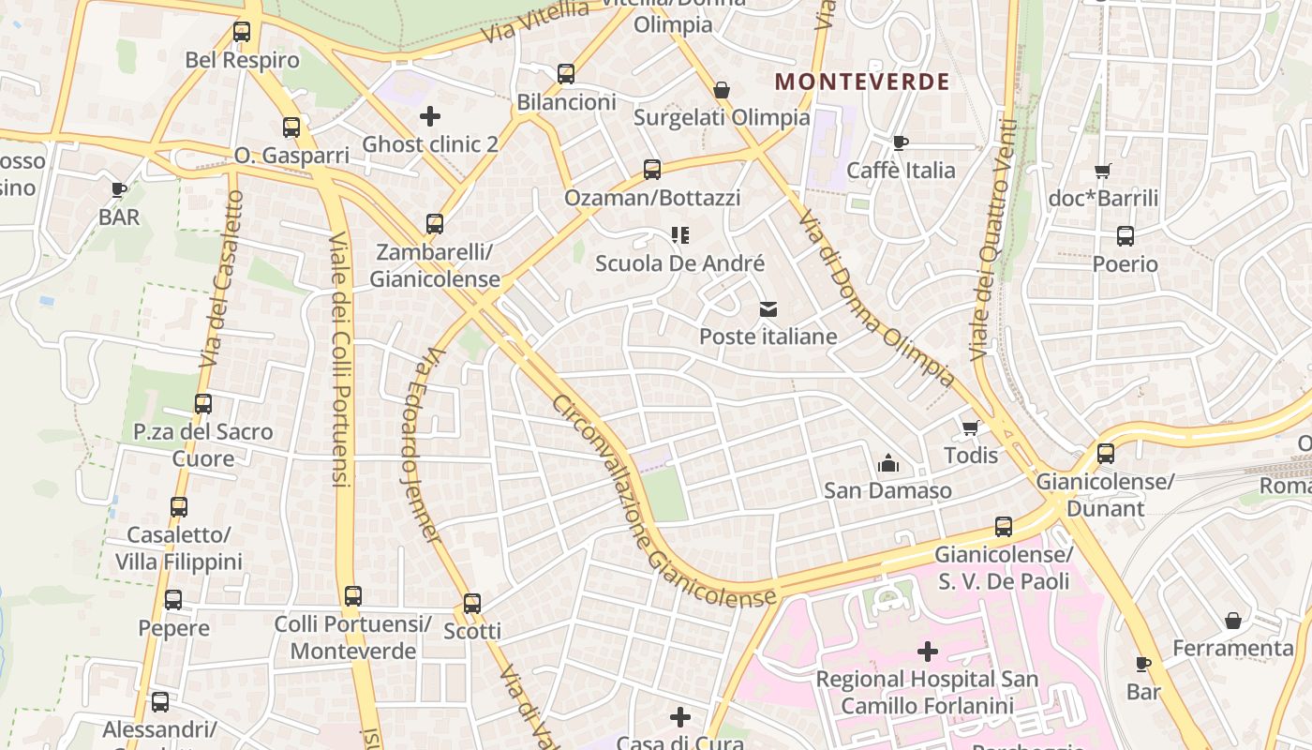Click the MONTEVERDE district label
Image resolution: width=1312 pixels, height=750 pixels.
click(x=862, y=82)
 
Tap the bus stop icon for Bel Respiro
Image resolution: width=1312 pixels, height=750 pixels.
click(x=242, y=32)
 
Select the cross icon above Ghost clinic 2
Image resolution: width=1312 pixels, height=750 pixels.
click(x=430, y=116)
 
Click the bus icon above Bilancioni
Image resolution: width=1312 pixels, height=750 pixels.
click(x=566, y=74)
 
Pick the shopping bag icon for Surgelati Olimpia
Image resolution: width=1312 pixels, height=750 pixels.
click(x=722, y=90)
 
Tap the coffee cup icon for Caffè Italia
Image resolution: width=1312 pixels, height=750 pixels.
click(x=901, y=142)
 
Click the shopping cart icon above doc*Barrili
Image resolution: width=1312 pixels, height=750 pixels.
click(x=1103, y=171)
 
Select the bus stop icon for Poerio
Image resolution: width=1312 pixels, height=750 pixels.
click(x=1126, y=236)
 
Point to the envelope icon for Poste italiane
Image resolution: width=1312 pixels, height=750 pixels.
click(x=768, y=308)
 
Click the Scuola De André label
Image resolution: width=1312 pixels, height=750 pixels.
click(x=680, y=263)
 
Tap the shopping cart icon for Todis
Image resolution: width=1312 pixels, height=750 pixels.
click(x=971, y=427)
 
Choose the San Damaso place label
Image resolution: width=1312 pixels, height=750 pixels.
click(x=887, y=490)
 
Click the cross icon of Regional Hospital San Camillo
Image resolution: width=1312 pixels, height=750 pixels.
click(x=928, y=651)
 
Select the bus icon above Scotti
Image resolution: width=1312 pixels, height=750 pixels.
click(x=472, y=604)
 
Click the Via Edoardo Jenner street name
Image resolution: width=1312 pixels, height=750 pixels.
click(x=420, y=445)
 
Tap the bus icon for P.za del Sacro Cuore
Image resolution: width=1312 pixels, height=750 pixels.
click(x=203, y=404)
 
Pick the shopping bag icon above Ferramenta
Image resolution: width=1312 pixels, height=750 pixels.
click(x=1233, y=621)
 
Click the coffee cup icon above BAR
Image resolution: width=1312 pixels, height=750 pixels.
click(x=119, y=189)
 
